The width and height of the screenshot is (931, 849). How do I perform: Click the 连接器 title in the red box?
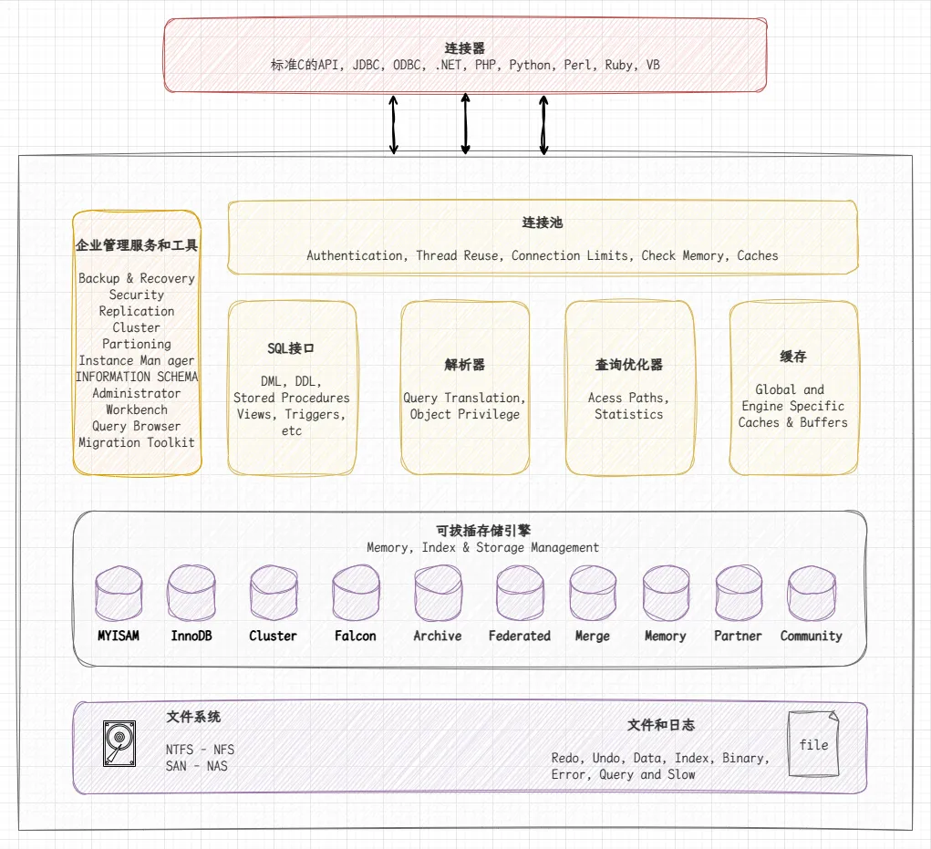465,47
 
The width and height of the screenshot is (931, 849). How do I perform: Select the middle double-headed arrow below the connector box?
465,123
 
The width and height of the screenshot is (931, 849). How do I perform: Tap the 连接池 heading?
542,223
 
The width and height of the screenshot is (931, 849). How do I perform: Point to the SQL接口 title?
291,348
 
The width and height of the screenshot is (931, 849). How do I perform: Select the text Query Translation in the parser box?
464,398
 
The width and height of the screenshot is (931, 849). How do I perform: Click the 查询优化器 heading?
628,365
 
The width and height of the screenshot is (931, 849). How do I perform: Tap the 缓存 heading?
793,357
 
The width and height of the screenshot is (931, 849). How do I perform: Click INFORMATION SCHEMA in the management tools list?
137,377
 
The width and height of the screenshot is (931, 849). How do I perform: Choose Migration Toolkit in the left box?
137,442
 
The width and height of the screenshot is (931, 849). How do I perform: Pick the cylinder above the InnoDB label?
191,593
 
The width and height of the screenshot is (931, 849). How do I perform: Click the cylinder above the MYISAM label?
119,593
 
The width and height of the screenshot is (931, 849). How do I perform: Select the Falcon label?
355,636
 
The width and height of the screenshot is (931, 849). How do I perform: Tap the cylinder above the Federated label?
520,593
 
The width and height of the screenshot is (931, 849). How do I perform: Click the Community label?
811,636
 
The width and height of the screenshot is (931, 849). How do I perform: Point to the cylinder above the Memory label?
666,593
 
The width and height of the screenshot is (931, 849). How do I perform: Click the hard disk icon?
119,743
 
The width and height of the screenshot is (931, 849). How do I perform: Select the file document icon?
812,744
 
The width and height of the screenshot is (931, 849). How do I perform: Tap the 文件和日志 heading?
661,725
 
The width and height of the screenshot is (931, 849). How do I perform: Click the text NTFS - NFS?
200,750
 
